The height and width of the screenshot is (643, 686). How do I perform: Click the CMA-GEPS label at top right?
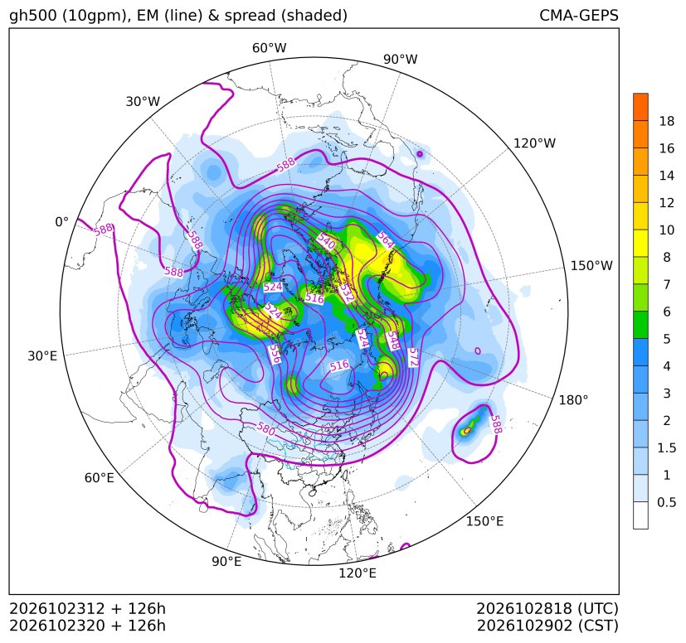(x=579, y=15)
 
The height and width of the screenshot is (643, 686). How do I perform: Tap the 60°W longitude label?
(x=269, y=48)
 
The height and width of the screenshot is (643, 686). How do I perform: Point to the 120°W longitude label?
(x=534, y=143)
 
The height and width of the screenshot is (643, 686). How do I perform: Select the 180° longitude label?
(x=573, y=400)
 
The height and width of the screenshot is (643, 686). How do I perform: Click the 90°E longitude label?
(x=226, y=562)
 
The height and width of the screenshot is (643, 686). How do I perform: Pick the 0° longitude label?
(x=62, y=222)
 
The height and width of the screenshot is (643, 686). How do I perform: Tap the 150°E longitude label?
(x=484, y=521)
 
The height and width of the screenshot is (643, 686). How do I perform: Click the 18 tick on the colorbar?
(x=667, y=121)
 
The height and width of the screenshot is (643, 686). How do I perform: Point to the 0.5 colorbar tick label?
(x=667, y=502)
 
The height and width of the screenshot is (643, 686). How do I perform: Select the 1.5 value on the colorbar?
(x=667, y=447)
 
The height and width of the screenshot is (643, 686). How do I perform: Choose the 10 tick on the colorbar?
(x=667, y=230)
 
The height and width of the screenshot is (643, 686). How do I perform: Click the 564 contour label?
(x=386, y=239)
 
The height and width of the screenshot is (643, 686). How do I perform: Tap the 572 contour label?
(x=413, y=357)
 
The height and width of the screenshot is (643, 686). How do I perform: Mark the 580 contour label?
(x=265, y=428)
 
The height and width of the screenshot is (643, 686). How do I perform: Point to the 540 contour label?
(x=326, y=241)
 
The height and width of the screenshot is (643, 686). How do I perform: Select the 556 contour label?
(x=275, y=354)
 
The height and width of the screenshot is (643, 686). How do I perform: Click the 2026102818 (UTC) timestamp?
(x=547, y=608)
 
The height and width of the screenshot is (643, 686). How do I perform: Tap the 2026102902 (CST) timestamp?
(x=547, y=626)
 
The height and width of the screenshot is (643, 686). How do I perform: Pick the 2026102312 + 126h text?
(x=87, y=608)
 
